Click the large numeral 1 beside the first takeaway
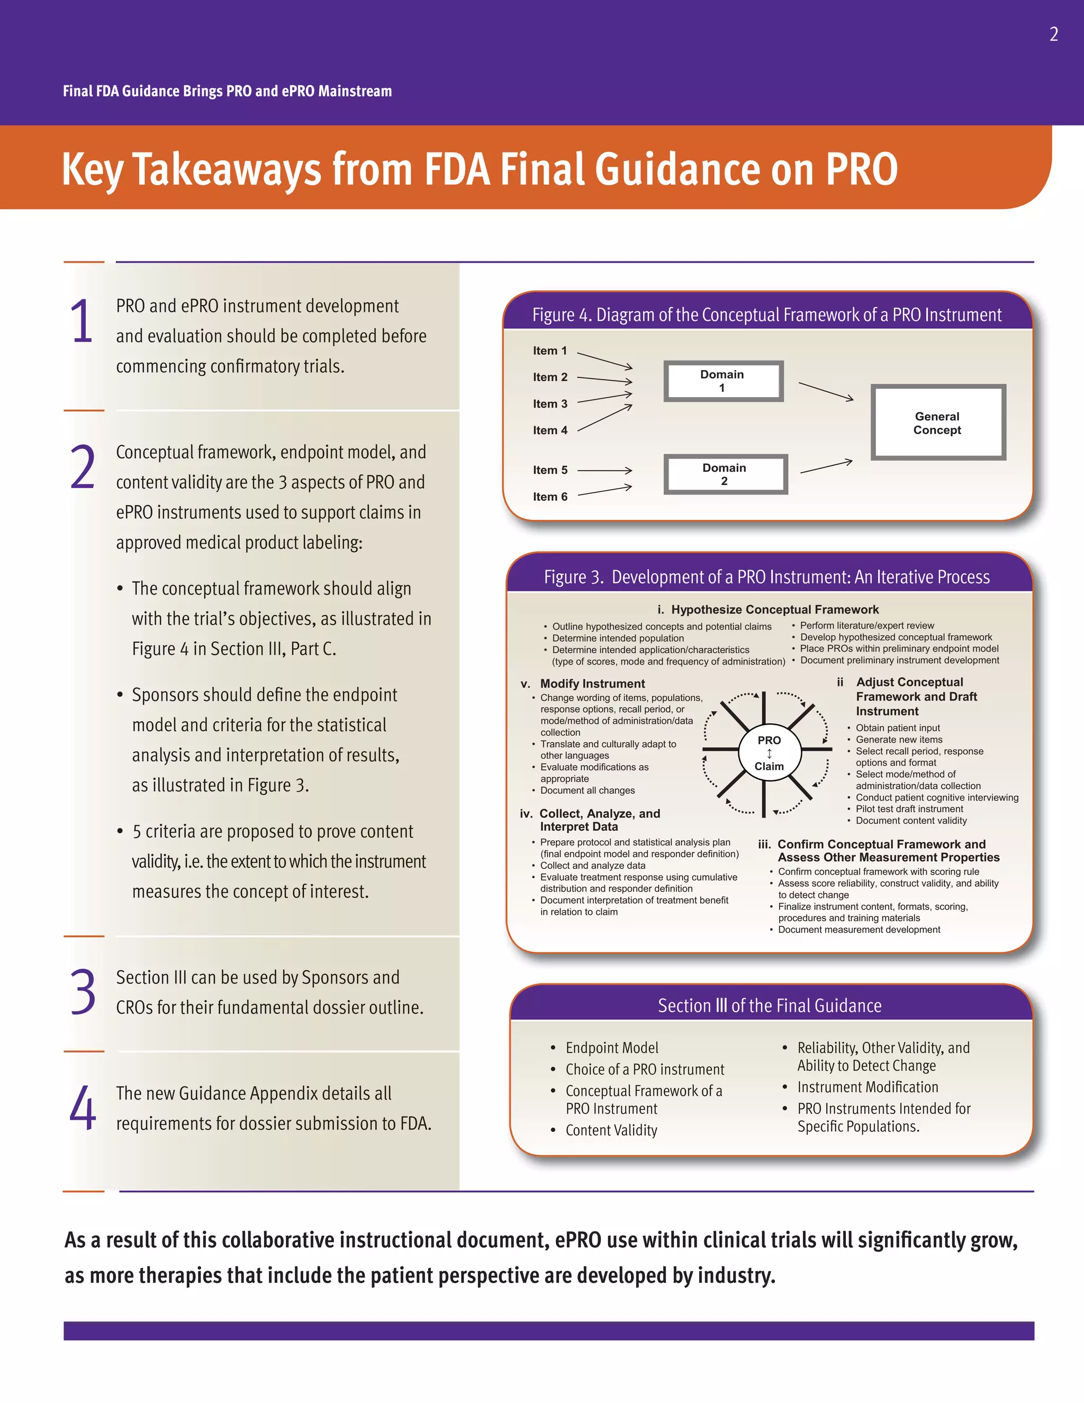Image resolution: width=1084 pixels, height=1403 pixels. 82,321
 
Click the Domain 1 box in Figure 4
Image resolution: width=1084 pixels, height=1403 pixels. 723,381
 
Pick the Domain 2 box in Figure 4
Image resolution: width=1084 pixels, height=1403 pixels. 725,474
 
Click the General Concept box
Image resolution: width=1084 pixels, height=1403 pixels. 937,422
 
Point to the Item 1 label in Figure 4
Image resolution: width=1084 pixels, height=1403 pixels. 550,350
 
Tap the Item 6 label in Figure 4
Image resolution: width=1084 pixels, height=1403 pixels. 550,497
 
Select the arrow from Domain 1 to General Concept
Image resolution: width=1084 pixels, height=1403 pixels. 826,391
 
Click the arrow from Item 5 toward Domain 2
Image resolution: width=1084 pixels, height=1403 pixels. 604,470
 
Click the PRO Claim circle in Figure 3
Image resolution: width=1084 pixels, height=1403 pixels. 769,753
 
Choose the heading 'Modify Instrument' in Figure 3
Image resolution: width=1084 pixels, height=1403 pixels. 592,683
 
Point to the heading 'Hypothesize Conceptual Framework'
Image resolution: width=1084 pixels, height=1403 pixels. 774,609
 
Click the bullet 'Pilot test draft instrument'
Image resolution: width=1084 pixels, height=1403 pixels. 909,809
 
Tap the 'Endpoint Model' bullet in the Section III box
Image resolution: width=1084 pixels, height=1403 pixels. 611,1048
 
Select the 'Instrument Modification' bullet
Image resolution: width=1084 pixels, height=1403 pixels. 867,1087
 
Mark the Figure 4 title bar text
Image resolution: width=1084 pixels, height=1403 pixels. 767,315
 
